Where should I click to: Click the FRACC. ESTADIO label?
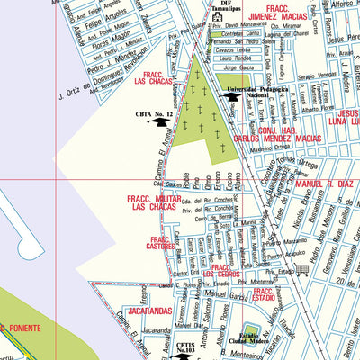pyautogui.click(x=263, y=296)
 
